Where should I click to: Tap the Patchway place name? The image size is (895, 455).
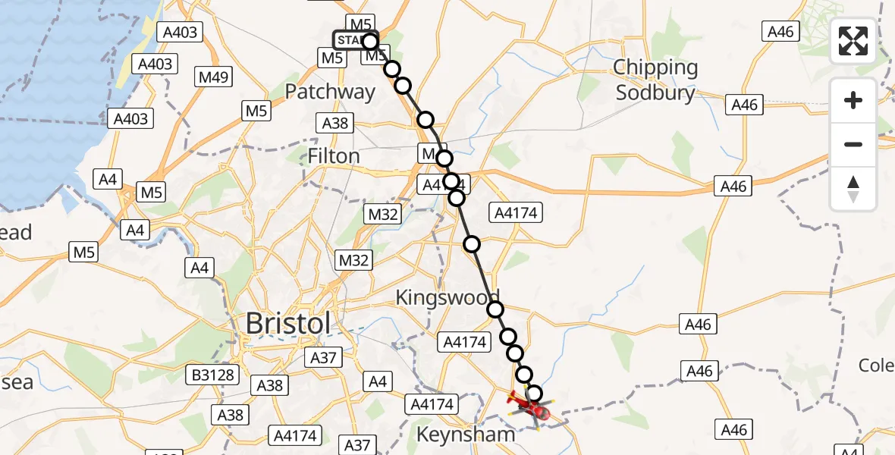point(330,92)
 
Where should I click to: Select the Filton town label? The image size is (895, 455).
point(334,156)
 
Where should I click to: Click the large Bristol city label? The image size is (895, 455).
point(288,324)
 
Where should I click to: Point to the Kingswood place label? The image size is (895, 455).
point(447,297)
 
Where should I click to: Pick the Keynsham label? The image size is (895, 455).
point(466,435)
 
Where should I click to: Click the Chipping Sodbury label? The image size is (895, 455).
point(655,80)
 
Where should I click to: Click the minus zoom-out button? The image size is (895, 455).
point(853,144)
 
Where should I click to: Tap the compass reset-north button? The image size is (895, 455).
point(853,189)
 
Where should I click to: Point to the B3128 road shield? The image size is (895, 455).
point(215,375)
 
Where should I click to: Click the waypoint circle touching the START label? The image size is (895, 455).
point(369,41)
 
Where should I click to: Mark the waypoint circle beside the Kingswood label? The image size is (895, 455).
point(495,309)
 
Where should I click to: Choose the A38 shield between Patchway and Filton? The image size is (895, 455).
point(335,124)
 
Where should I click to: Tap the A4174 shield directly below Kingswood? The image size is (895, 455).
point(463,343)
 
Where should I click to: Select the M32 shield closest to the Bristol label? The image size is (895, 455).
point(353,261)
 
